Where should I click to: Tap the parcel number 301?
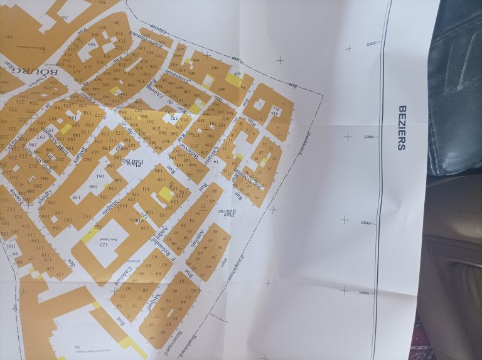pyautogui.click(x=11, y=37)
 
